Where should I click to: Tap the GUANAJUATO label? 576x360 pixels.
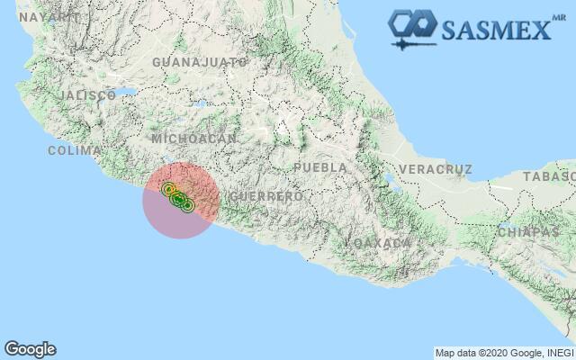(200, 62)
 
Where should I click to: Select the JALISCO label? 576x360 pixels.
(86, 94)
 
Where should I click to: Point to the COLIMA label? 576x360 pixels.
(75, 150)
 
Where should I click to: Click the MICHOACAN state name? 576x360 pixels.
(194, 139)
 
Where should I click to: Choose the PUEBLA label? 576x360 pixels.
(320, 167)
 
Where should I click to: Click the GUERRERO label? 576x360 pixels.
(266, 196)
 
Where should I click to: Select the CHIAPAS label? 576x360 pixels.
(528, 231)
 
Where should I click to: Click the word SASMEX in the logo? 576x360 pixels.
(494, 30)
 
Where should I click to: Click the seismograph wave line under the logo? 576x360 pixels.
(415, 41)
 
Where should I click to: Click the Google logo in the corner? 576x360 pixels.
(30, 349)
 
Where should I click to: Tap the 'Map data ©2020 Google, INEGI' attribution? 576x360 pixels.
(503, 353)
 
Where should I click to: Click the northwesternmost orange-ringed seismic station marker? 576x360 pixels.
(168, 189)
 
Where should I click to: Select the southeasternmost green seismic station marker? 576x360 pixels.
(187, 204)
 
